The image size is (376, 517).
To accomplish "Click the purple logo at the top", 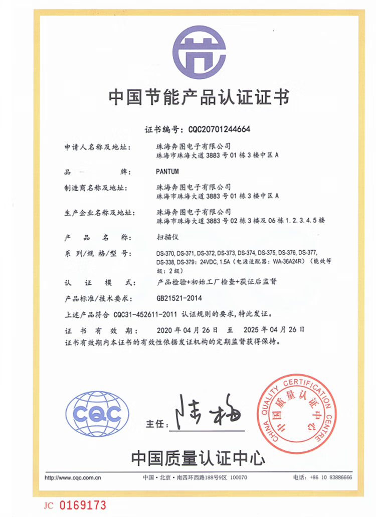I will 200,53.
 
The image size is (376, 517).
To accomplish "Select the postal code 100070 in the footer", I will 238,477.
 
